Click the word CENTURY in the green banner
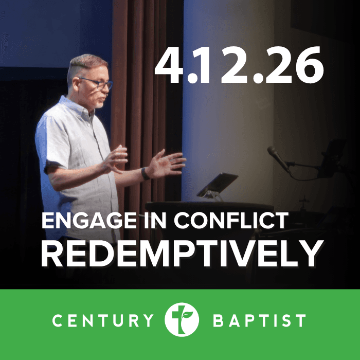103,321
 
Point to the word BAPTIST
259,321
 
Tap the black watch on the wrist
146,173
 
